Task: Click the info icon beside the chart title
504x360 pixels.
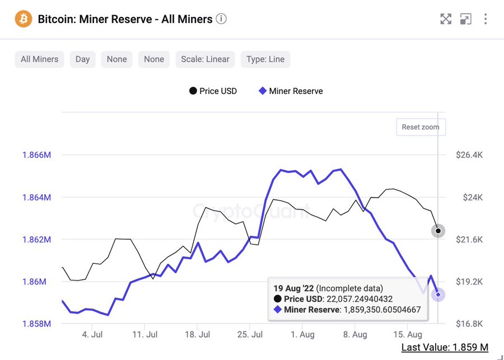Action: click(221, 19)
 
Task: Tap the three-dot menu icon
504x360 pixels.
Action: click(486, 19)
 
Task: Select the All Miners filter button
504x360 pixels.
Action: click(39, 59)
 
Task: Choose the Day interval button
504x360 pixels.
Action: click(82, 59)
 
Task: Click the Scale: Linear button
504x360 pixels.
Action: click(205, 59)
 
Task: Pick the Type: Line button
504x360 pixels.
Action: click(265, 59)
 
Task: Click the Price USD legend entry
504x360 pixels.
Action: click(212, 91)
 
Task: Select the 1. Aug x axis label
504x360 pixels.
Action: click(303, 335)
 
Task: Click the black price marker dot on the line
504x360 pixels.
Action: click(438, 231)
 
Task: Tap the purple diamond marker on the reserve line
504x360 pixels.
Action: click(438, 294)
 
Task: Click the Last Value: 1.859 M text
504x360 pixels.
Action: click(445, 348)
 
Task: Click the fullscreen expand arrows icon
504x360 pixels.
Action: click(446, 19)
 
